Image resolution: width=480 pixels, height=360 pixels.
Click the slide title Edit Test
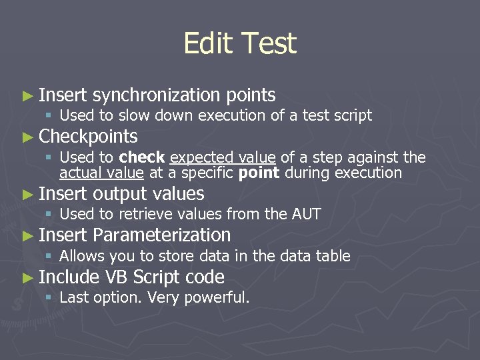239,44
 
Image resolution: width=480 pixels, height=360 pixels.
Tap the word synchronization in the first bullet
157,95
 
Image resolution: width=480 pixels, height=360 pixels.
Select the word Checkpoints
89,137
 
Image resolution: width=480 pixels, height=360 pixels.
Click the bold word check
142,157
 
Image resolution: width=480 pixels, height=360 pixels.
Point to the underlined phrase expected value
223,157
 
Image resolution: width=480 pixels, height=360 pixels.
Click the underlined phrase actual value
101,173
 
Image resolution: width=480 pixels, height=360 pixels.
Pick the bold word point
259,173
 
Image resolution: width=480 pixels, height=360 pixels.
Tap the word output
121,194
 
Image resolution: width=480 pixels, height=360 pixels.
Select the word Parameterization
162,235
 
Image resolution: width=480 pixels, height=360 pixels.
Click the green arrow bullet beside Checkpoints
27,138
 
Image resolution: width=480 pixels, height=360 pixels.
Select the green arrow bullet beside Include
27,278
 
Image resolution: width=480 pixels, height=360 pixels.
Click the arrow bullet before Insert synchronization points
27,96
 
